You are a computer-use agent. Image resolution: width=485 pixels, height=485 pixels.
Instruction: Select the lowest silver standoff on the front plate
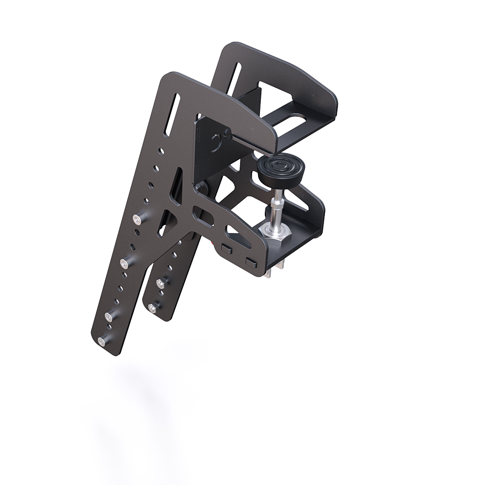[x=102, y=341]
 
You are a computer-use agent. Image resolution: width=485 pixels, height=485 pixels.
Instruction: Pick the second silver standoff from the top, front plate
[x=125, y=263]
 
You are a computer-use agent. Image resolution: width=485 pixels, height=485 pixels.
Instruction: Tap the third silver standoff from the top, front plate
[x=110, y=316]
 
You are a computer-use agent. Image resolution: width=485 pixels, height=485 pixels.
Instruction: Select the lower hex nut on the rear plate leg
[x=154, y=307]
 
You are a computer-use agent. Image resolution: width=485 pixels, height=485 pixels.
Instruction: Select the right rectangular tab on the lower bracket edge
[x=250, y=262]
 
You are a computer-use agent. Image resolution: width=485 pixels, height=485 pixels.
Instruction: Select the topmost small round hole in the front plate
[x=162, y=151]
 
